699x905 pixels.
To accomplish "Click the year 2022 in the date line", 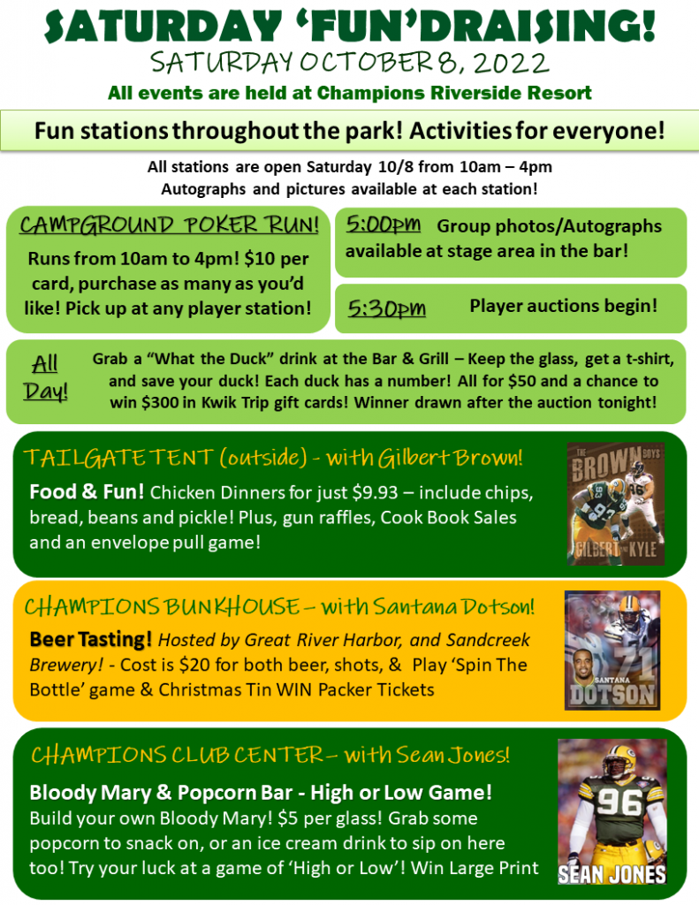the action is (x=511, y=63).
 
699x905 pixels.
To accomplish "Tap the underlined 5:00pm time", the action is (x=384, y=224).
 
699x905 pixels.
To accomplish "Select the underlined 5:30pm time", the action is (x=387, y=308).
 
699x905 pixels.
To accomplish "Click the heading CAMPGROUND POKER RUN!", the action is (x=169, y=224).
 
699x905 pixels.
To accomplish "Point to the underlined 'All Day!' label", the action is (x=46, y=377).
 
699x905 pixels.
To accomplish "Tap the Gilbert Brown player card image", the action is (x=616, y=503).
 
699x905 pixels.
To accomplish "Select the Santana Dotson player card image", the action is (x=612, y=650).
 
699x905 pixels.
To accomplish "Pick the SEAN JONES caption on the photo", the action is (x=612, y=874).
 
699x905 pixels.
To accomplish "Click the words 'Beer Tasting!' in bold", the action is (x=91, y=640).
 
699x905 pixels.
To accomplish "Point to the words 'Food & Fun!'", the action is (x=87, y=491).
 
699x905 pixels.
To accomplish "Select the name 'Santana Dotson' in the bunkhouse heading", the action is (x=453, y=606).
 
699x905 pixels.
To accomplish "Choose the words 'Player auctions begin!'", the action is (x=564, y=305).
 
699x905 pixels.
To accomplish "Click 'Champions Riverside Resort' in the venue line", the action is (x=454, y=93).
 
